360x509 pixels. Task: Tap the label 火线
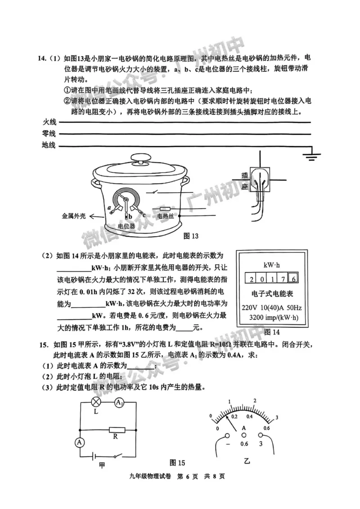pos(48,122)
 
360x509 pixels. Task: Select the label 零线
pos(48,134)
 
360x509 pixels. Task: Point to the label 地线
pos(48,145)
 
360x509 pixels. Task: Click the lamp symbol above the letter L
pos(96,402)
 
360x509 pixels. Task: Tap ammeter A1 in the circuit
pos(119,402)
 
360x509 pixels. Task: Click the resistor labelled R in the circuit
pos(115,429)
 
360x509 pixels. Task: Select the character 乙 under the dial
pos(246,461)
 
